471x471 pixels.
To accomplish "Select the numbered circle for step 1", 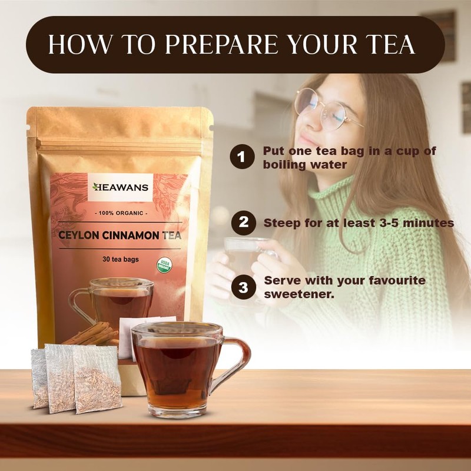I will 241,157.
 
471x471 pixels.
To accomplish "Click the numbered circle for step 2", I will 241,223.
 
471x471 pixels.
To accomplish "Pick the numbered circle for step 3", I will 241,287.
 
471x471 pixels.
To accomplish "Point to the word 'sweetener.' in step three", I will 299,293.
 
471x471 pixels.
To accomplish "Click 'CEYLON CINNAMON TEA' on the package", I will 120,235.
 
